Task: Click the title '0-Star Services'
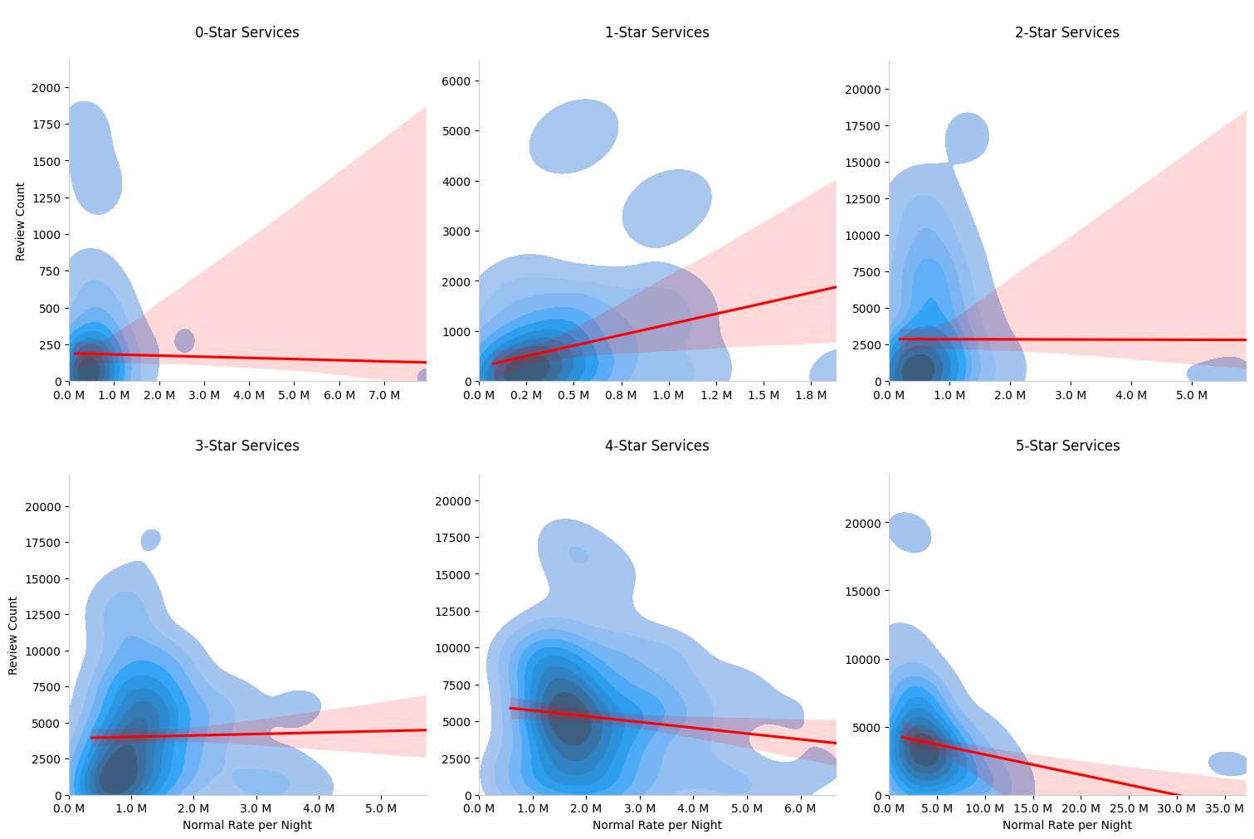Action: pos(246,33)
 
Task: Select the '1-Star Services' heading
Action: pos(656,33)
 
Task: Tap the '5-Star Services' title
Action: pos(1067,446)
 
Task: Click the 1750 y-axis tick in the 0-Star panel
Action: pos(46,125)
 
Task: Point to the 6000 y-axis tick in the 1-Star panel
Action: pos(456,81)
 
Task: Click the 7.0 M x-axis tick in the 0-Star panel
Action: pos(383,396)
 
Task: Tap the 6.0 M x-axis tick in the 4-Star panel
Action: pos(799,809)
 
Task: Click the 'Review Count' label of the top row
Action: pos(21,222)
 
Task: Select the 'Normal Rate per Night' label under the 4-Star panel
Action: pos(656,826)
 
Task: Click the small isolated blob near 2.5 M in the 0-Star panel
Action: pos(184,340)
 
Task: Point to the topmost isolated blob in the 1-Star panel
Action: pos(573,136)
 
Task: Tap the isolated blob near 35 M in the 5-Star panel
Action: pos(1227,763)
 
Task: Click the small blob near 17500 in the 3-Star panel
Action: pos(150,540)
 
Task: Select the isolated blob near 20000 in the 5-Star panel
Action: pos(910,532)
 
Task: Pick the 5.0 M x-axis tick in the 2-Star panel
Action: pos(1192,396)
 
